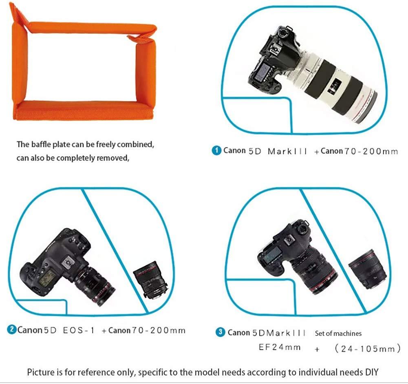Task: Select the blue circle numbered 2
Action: pyautogui.click(x=12, y=329)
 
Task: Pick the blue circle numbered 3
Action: pyautogui.click(x=221, y=332)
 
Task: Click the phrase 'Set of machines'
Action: pyautogui.click(x=338, y=333)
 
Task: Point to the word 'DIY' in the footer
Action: pyautogui.click(x=371, y=372)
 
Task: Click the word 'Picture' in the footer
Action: pyautogui.click(x=41, y=372)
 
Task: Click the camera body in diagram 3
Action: pyautogui.click(x=285, y=253)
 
